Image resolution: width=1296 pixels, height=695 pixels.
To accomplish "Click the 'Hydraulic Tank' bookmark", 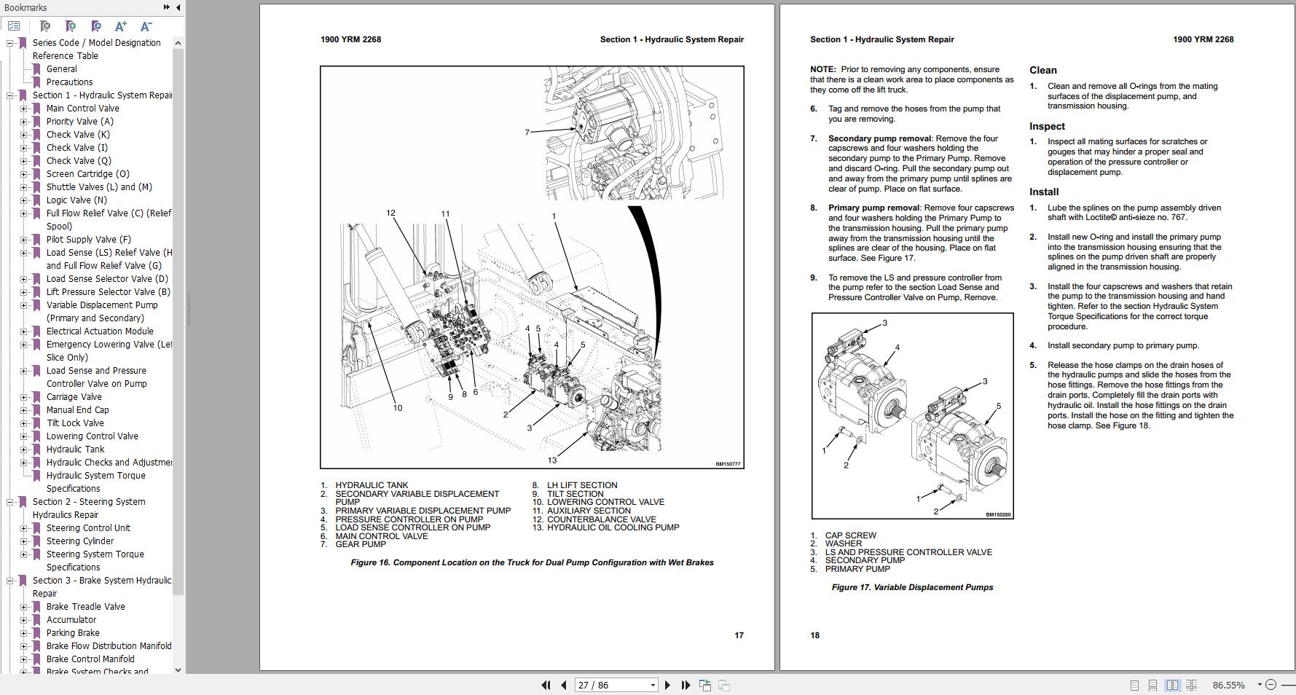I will pyautogui.click(x=75, y=449).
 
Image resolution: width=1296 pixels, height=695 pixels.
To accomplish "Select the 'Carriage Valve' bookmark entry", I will pyautogui.click(x=74, y=397).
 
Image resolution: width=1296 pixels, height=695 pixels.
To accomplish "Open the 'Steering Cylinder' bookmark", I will pyautogui.click(x=79, y=541).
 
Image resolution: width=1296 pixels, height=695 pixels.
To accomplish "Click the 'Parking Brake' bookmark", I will pyautogui.click(x=73, y=633).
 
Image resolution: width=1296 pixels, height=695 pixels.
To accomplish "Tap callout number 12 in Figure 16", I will pyautogui.click(x=390, y=213).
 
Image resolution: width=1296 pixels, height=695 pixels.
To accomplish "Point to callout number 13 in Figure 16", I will pyautogui.click(x=552, y=460).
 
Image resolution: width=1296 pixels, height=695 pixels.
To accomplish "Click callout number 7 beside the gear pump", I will pyautogui.click(x=527, y=133).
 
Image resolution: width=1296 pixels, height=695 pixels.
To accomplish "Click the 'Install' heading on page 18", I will pyautogui.click(x=1043, y=192).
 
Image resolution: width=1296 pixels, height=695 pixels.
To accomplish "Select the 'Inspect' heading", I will pyautogui.click(x=1047, y=126).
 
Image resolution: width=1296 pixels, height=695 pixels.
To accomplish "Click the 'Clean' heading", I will pyautogui.click(x=1042, y=70).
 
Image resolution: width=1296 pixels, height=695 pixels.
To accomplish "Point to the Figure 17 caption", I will pyautogui.click(x=912, y=587).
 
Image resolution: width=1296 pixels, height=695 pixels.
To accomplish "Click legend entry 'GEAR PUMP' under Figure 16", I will pyautogui.click(x=361, y=544).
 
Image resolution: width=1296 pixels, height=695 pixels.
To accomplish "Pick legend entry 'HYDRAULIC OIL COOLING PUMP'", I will pyautogui.click(x=613, y=527).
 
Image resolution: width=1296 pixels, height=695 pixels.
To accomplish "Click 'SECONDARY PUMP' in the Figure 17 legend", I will pyautogui.click(x=865, y=560).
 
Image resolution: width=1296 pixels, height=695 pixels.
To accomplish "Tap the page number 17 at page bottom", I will pyautogui.click(x=739, y=635).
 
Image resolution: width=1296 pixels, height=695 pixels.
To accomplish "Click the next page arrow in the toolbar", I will pyautogui.click(x=667, y=685).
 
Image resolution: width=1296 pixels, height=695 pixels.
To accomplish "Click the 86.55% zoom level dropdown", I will pyautogui.click(x=1232, y=685).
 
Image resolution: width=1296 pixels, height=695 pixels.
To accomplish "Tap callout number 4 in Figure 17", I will pyautogui.click(x=897, y=347).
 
